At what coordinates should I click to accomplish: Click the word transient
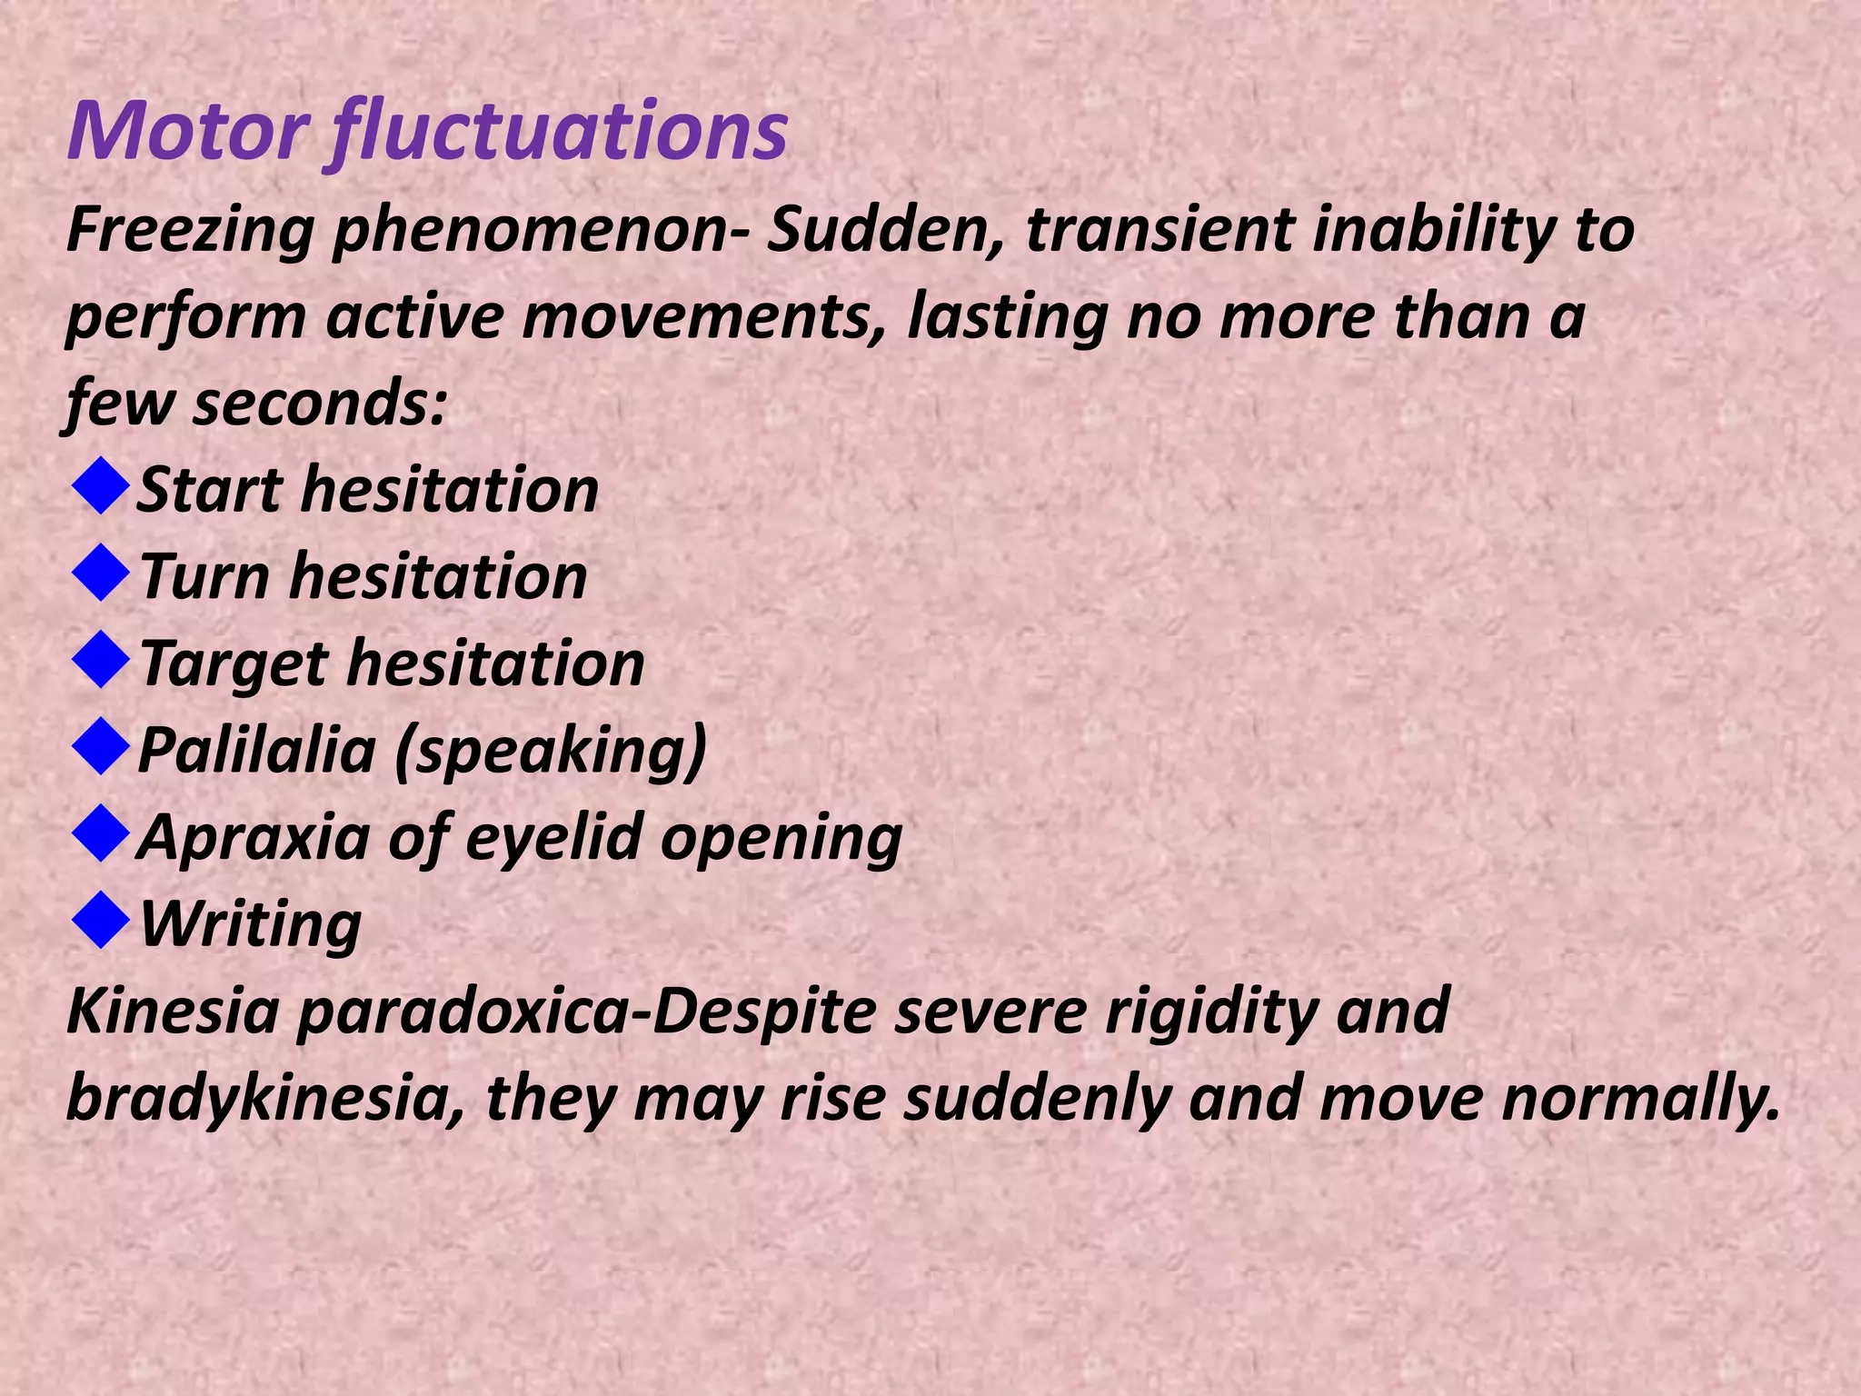[x=1159, y=229]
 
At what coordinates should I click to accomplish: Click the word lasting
[x=1008, y=317]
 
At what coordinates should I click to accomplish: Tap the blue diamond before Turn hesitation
[x=100, y=573]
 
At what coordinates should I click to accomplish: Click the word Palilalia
[x=256, y=751]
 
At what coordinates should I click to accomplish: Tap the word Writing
[x=251, y=925]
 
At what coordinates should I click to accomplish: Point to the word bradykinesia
[x=264, y=1099]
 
